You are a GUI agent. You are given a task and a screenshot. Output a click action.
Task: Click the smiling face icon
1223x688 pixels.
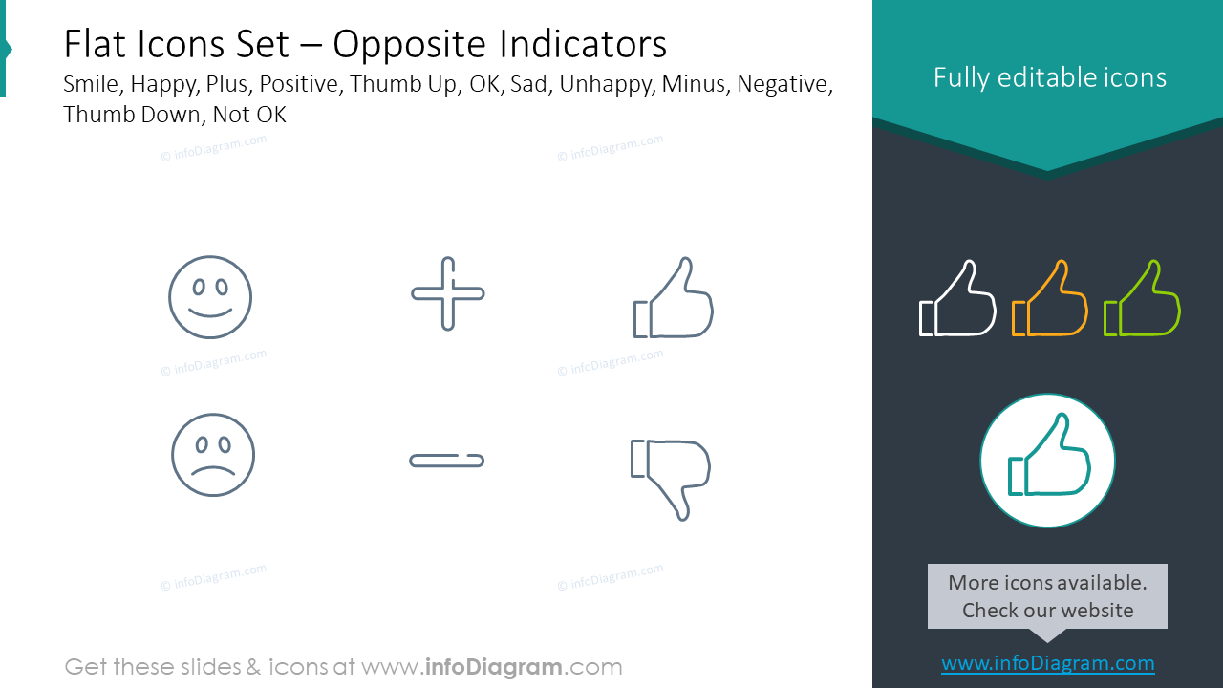click(x=210, y=297)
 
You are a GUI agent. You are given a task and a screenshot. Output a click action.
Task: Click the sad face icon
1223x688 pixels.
click(x=213, y=455)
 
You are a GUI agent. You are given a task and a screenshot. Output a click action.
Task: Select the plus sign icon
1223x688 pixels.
click(x=447, y=293)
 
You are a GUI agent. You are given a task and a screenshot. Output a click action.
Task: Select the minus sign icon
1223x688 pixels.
click(x=446, y=461)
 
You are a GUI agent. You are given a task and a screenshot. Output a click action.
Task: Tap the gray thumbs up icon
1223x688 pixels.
click(x=674, y=298)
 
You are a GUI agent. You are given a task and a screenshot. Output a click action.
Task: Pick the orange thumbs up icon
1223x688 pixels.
click(x=1049, y=299)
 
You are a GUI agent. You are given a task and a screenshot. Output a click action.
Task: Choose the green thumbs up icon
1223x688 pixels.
click(x=1142, y=299)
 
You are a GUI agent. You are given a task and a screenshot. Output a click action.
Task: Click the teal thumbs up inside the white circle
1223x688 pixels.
click(x=1047, y=460)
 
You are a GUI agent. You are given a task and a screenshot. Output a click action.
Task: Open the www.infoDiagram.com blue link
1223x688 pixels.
click(x=1047, y=663)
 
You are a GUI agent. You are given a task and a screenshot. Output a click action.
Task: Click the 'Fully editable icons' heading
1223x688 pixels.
click(x=1049, y=77)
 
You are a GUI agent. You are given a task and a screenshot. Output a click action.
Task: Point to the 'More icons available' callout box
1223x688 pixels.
click(x=1047, y=596)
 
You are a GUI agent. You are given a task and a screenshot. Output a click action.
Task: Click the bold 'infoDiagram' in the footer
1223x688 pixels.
click(x=495, y=667)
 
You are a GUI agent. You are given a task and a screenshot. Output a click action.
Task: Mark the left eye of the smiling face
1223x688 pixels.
click(x=197, y=286)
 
